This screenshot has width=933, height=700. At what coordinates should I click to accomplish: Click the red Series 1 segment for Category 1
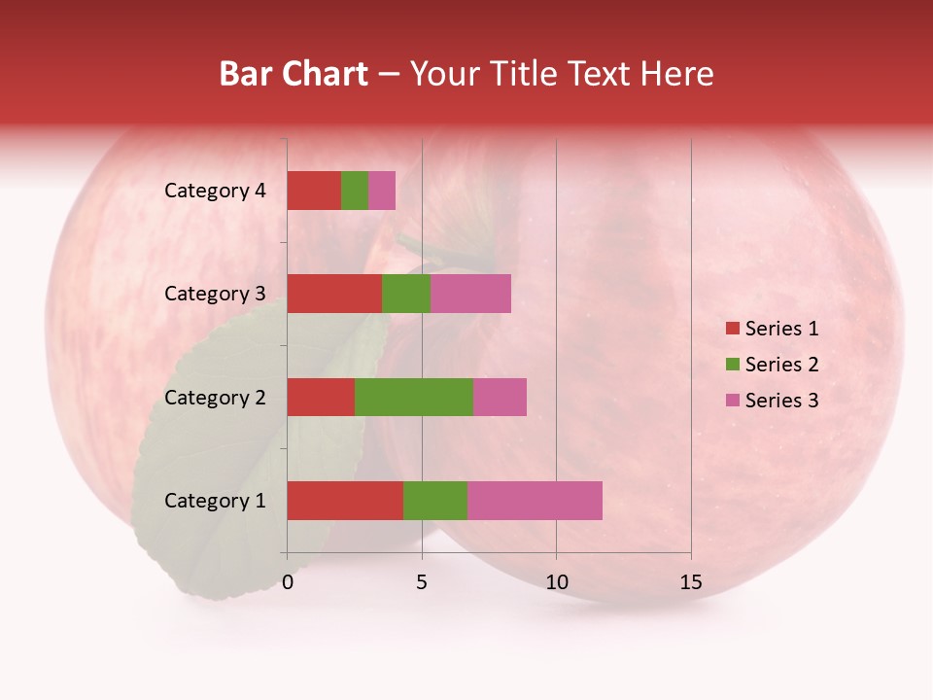pos(345,501)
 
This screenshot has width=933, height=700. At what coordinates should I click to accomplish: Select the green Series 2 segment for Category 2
pos(414,397)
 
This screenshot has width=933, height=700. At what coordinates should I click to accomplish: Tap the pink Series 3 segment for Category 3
pos(470,294)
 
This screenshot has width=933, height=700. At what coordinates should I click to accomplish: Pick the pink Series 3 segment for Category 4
pos(382,191)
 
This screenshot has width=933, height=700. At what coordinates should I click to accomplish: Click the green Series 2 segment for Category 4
pos(355,191)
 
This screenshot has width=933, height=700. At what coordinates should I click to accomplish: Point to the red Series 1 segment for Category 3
pos(334,294)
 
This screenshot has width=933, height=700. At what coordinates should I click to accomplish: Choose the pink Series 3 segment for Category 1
pos(535,501)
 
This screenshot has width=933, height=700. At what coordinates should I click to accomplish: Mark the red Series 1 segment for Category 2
pos(321,397)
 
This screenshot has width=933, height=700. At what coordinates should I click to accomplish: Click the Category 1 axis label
pos(215,501)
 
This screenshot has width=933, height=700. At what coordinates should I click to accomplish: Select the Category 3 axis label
pos(215,294)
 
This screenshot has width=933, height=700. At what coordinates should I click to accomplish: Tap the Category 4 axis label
pos(215,191)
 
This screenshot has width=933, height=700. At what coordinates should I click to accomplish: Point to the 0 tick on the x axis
pos(288,582)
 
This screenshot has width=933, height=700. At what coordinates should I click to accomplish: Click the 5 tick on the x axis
pos(422,582)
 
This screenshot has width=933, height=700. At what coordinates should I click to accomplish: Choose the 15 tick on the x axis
pos(690,582)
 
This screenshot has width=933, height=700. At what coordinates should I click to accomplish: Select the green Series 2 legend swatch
pos(733,365)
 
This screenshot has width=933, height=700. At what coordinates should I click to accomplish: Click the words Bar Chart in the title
pos(294,74)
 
